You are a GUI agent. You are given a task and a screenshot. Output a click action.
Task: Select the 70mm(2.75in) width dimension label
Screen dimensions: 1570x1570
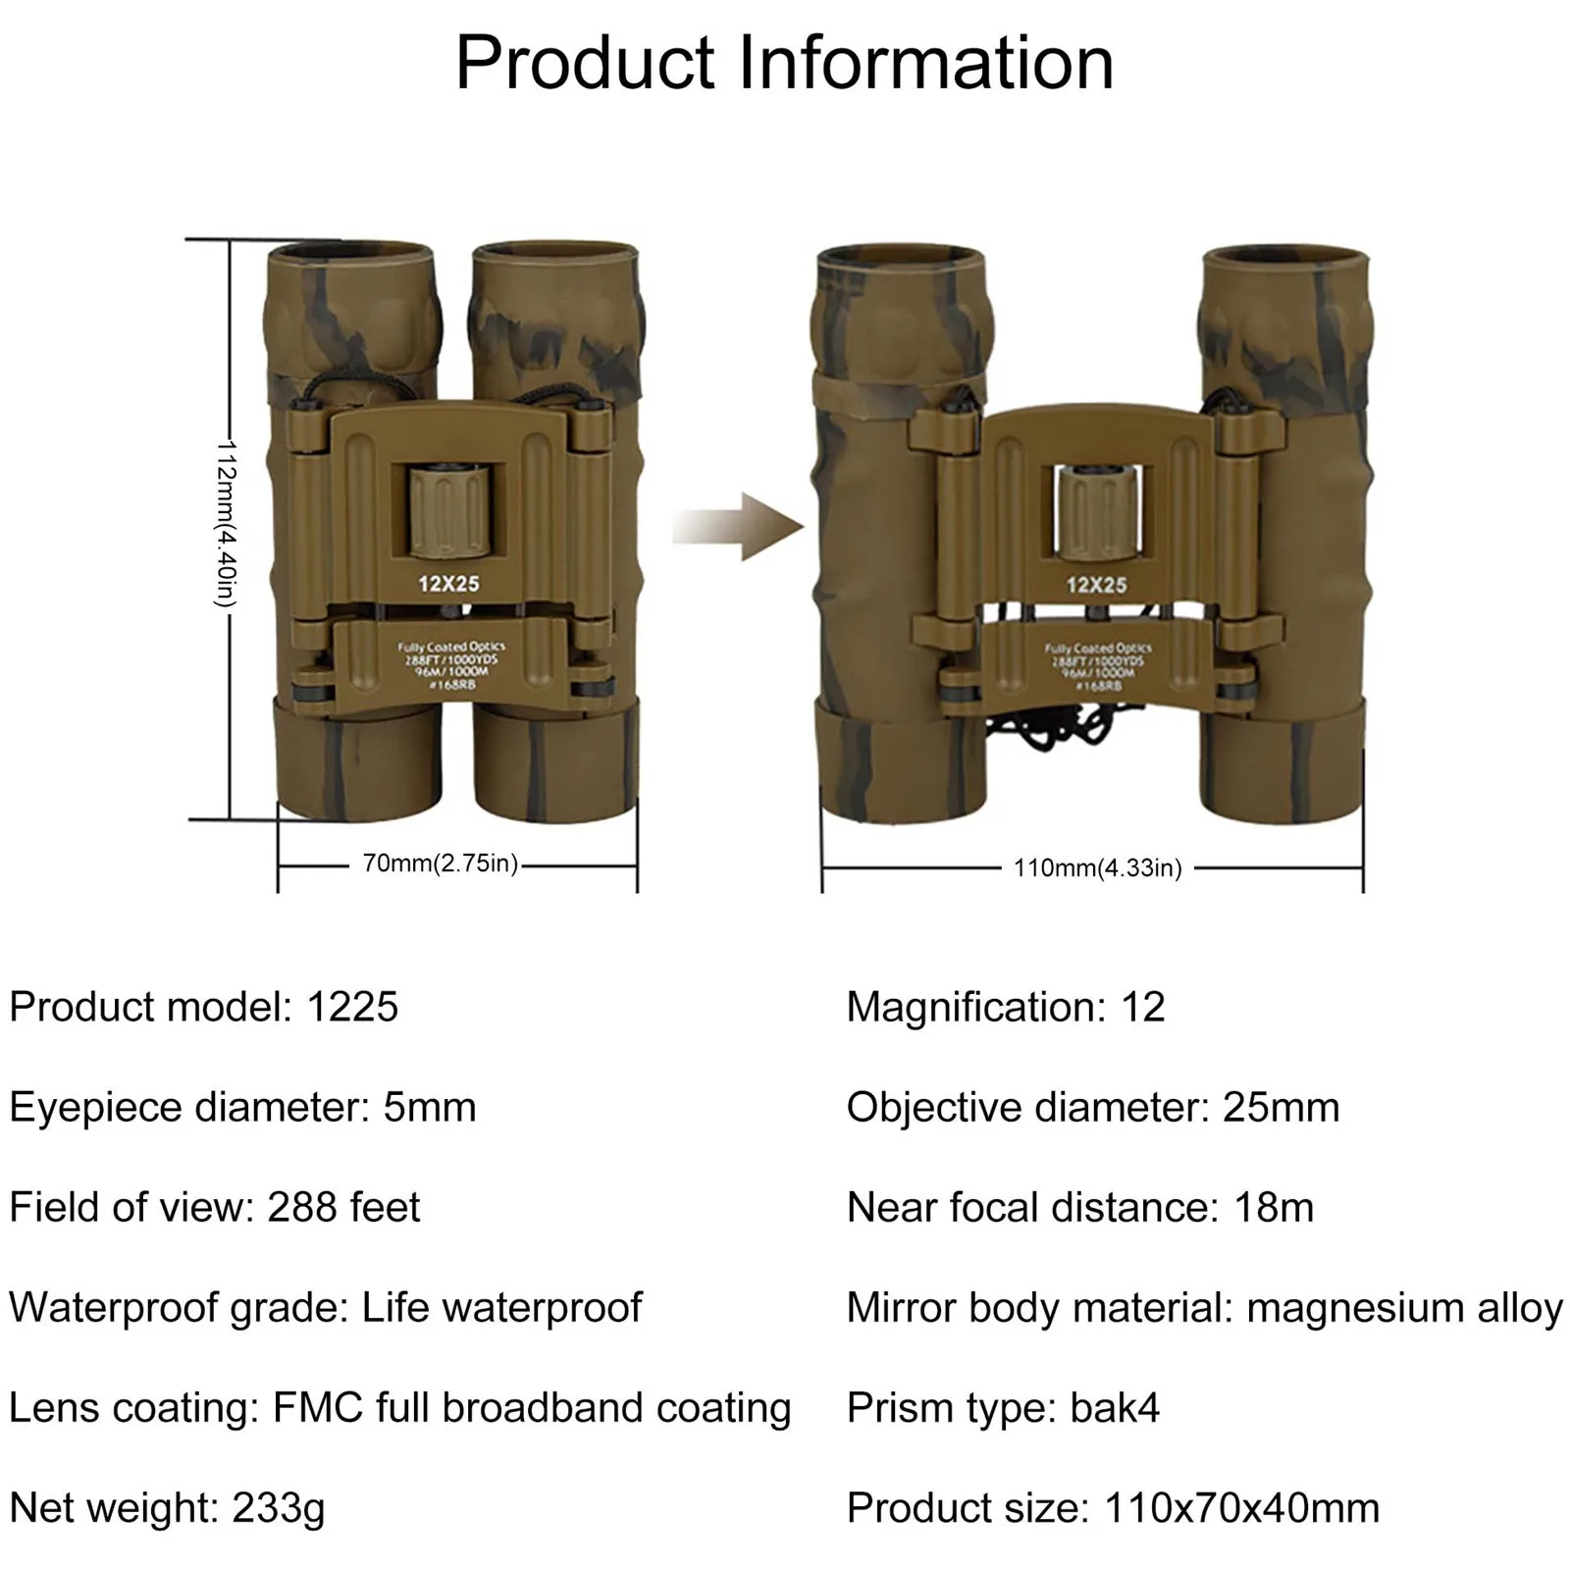coord(441,863)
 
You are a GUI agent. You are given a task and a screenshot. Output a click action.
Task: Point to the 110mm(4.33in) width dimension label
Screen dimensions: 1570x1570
coord(1098,868)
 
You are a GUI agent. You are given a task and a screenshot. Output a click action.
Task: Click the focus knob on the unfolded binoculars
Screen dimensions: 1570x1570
coord(1096,512)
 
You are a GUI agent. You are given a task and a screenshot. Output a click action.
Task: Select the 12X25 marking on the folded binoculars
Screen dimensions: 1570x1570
coord(448,584)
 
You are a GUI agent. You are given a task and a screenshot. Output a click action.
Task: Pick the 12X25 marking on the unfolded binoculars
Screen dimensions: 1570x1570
coord(1097,586)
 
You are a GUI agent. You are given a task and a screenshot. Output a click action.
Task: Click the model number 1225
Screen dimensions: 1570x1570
coord(352,1008)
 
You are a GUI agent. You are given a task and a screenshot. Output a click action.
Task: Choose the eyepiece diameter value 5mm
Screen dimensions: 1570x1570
coord(429,1108)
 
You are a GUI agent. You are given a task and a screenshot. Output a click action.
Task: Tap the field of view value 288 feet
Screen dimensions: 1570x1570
coord(343,1208)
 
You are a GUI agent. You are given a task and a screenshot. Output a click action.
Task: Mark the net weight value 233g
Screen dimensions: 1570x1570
coord(279,1508)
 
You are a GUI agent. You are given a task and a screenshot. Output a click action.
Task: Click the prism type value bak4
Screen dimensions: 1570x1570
coord(1115,1408)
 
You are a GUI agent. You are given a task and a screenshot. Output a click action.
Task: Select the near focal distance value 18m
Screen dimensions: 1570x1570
coord(1274,1208)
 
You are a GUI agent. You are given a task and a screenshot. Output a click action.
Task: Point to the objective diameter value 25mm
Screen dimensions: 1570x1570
coord(1281,1108)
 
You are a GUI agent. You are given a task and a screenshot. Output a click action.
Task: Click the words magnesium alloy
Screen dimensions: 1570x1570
coord(1404,1308)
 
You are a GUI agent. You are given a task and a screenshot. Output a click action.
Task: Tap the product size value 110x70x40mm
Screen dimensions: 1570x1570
coord(1241,1508)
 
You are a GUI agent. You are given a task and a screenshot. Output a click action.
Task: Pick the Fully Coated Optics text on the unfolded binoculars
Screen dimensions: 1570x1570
coord(1098,649)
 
